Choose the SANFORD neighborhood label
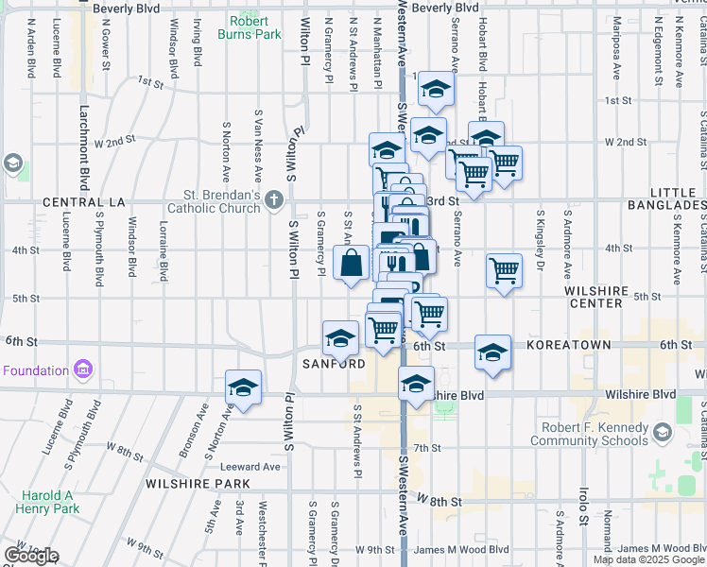tap(334, 364)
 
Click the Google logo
tap(30, 556)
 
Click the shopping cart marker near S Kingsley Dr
tap(504, 270)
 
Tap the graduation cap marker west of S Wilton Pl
tap(243, 387)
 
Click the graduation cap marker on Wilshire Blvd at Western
tap(415, 384)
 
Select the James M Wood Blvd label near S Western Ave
tap(460, 549)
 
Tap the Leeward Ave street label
tap(250, 467)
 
